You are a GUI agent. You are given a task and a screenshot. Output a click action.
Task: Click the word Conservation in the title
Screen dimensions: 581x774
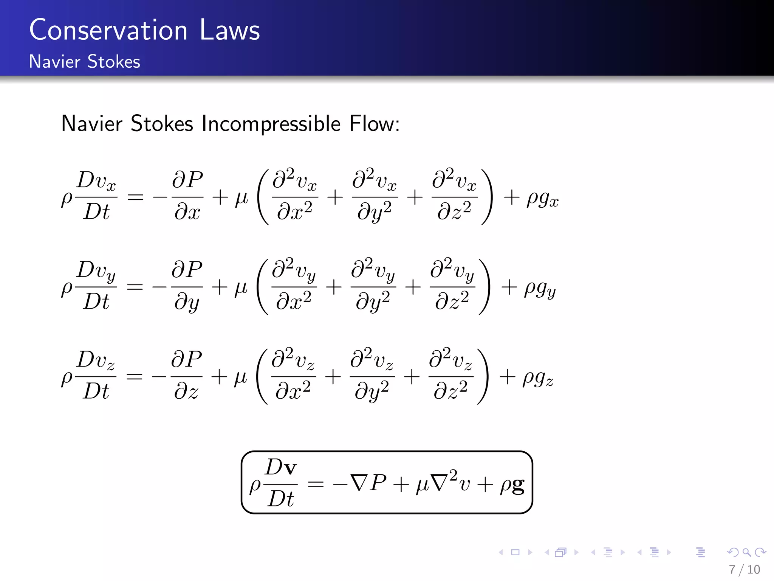coord(108,30)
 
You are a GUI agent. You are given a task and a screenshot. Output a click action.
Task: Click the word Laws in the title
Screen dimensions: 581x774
coord(229,30)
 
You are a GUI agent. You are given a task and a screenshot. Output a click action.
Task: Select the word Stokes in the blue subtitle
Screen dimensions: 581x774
coord(113,62)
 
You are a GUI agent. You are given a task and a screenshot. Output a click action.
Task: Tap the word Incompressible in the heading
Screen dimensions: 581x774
coord(271,124)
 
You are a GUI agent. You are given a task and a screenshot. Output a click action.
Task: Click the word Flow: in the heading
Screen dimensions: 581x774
coord(374,124)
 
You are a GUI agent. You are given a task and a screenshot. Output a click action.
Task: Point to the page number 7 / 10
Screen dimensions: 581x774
coord(744,570)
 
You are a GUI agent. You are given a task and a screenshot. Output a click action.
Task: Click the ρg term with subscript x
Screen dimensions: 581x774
coord(542,198)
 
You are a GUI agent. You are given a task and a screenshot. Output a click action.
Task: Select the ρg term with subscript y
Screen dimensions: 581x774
coord(540,288)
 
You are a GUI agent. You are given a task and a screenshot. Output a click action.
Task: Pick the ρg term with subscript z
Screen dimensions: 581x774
coord(537,378)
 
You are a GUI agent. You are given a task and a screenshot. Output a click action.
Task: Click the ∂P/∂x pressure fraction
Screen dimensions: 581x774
coord(187,196)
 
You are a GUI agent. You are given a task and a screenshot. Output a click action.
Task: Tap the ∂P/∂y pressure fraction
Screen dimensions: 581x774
coord(187,286)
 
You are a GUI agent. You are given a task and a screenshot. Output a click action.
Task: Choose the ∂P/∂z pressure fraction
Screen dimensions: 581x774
coord(186,376)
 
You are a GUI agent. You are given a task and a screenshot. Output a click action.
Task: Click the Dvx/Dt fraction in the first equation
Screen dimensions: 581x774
coord(96,196)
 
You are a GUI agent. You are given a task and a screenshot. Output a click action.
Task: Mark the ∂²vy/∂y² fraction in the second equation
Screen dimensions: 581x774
coord(373,286)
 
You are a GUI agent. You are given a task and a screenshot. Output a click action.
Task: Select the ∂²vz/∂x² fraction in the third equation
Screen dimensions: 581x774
coord(293,376)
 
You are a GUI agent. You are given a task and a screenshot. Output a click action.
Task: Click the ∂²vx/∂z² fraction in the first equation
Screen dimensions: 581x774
coord(454,196)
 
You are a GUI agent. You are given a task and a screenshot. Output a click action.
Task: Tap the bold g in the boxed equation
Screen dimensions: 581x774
coord(518,485)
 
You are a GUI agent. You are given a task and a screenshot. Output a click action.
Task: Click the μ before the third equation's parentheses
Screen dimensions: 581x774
coord(241,377)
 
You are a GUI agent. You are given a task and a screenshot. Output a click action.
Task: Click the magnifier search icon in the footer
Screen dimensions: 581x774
coord(746,553)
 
